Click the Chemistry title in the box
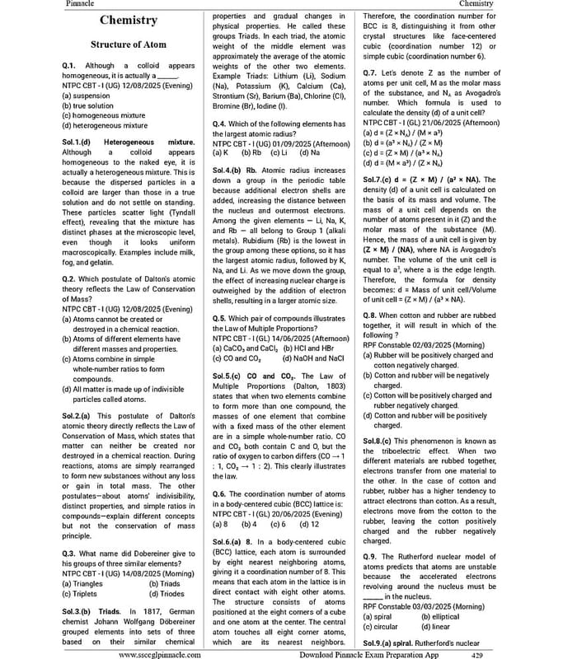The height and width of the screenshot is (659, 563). click(x=128, y=21)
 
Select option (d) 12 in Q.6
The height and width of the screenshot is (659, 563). click(x=309, y=523)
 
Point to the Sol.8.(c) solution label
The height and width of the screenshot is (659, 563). click(x=382, y=442)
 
